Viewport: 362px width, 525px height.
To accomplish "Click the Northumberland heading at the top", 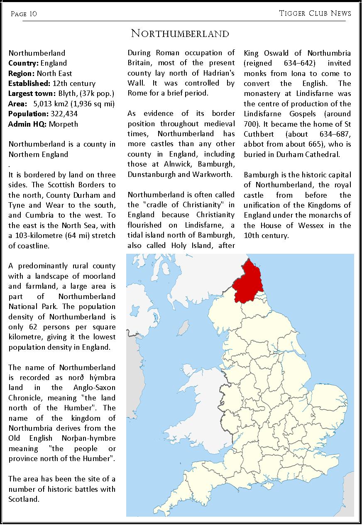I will pos(180,34).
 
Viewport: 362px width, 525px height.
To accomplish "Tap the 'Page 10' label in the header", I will pos(24,14).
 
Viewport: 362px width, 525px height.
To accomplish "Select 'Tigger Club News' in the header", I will pos(315,13).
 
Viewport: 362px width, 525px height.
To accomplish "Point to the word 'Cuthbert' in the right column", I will pos(259,134).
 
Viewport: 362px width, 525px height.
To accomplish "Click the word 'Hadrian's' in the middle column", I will pos(218,73).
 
